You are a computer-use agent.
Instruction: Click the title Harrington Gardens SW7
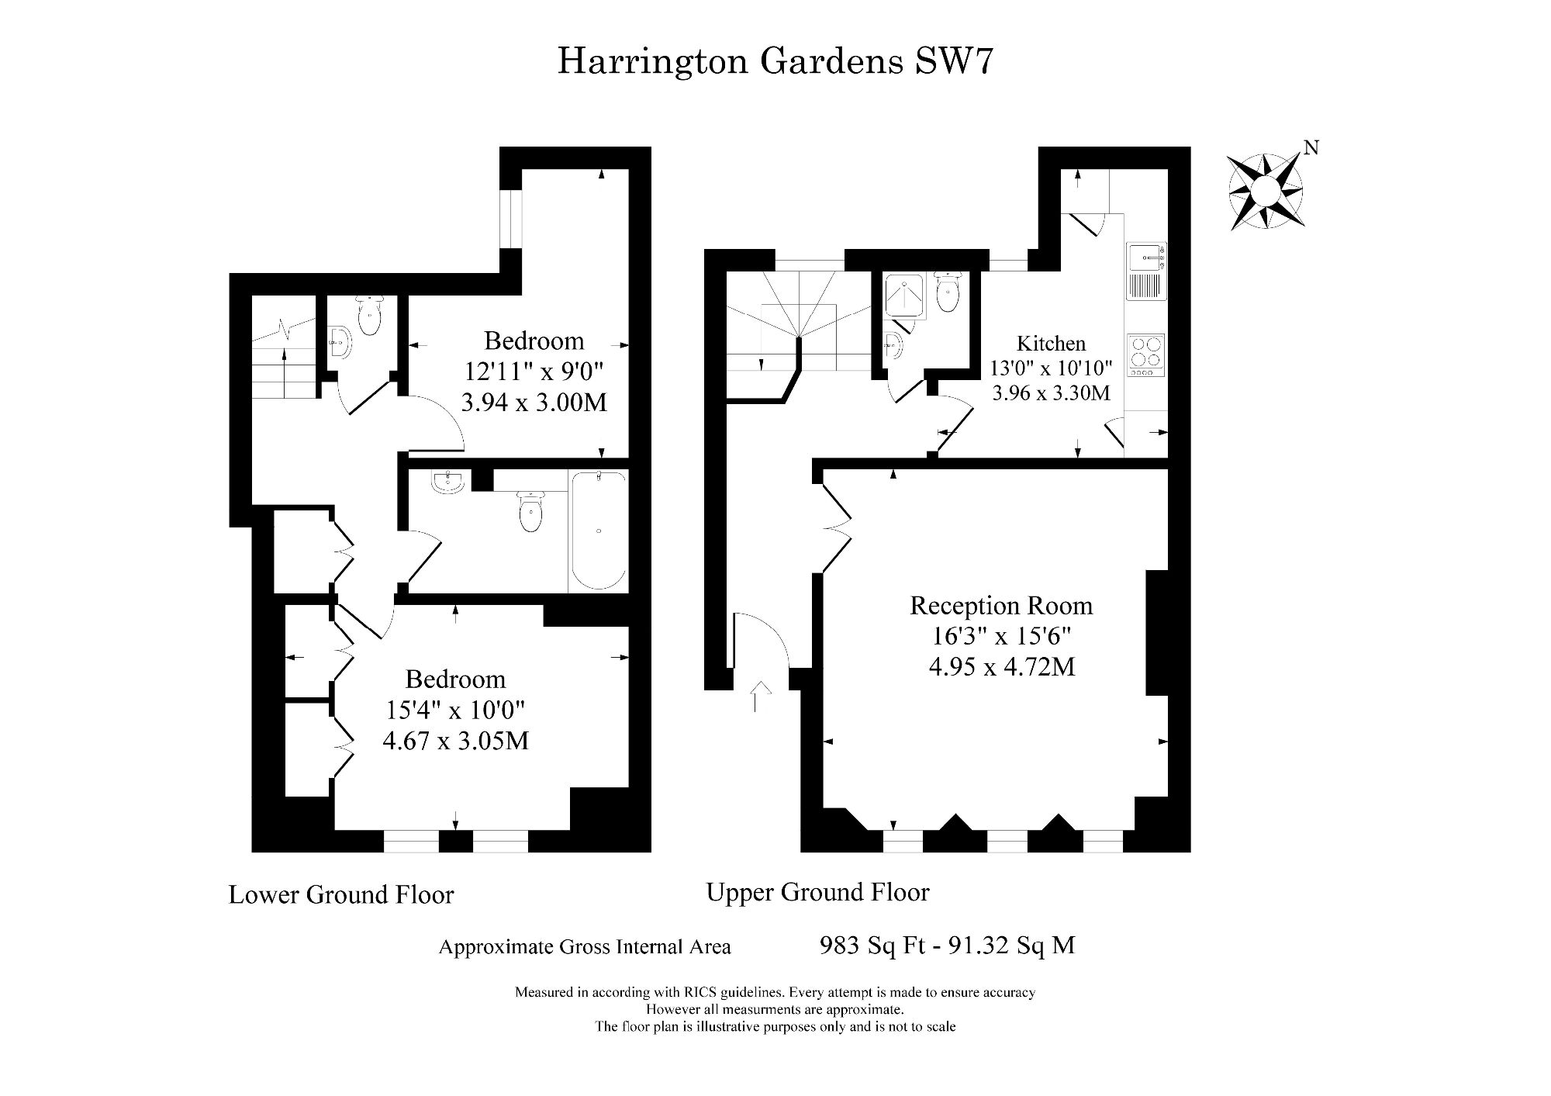tap(775, 61)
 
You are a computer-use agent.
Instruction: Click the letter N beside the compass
tap(1311, 147)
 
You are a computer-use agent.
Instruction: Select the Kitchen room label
tap(1051, 343)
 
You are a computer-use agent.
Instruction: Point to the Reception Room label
tap(1001, 605)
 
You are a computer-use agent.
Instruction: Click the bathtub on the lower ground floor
tap(598, 531)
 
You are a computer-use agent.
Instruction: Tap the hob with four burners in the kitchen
tap(1145, 355)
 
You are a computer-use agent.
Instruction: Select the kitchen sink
tap(1145, 257)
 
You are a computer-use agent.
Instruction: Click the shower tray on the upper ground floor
tap(904, 296)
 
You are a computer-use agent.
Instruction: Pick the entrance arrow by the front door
tap(761, 697)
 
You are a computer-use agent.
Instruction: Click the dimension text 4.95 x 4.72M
tap(1002, 666)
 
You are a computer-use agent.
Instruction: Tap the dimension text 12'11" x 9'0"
tap(534, 372)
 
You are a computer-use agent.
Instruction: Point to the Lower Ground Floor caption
tap(341, 894)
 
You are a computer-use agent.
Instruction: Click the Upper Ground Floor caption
tap(817, 892)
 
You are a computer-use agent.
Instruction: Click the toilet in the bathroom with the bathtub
tap(530, 511)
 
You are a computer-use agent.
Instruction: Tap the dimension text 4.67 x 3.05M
tap(456, 741)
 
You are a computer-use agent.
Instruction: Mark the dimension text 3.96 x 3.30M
tap(1051, 393)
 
